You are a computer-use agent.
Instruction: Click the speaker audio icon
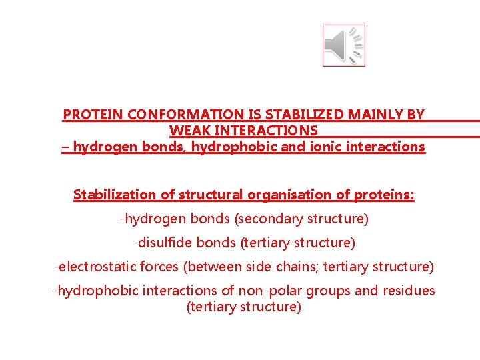tap(343, 45)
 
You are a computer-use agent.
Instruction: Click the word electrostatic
tap(97, 267)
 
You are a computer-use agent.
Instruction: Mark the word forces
tap(161, 267)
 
